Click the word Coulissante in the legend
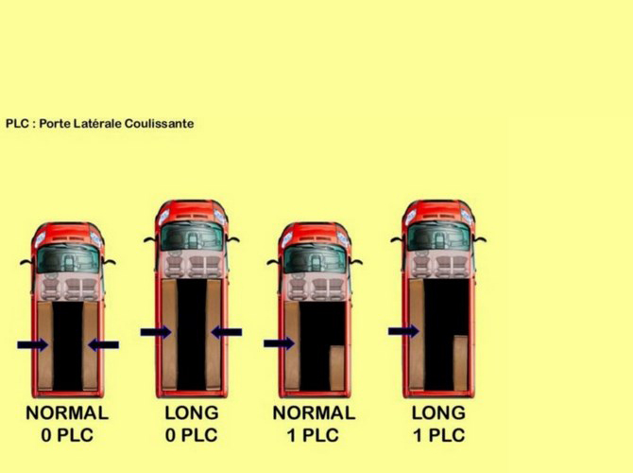(159, 123)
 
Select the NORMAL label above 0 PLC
(67, 413)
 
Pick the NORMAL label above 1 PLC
(314, 413)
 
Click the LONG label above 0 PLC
(192, 413)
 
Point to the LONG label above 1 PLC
(438, 413)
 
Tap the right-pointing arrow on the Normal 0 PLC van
(33, 345)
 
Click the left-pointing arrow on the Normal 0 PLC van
(103, 345)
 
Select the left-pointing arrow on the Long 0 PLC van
(227, 332)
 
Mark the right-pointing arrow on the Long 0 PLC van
(156, 332)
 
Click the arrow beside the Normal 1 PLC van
(279, 343)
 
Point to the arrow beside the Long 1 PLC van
(403, 331)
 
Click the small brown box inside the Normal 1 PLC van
(337, 368)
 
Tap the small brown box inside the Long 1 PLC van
(460, 362)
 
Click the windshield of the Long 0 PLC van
(192, 236)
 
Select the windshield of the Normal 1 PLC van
(315, 259)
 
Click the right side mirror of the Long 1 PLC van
(480, 239)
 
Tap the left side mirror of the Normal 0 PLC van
(26, 262)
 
